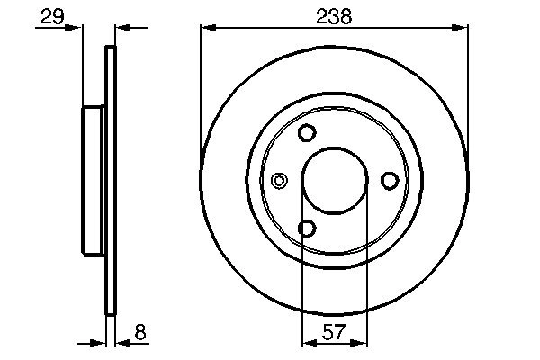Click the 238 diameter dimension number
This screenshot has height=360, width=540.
(x=335, y=15)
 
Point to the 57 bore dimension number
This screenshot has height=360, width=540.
(x=334, y=333)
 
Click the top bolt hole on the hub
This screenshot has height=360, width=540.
(x=307, y=133)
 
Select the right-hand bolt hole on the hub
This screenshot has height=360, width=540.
(x=390, y=181)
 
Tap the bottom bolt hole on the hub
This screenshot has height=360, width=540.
(x=307, y=229)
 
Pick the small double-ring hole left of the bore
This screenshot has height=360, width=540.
(x=280, y=181)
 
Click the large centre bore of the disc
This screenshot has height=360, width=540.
(x=334, y=181)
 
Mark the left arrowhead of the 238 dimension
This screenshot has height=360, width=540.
(x=207, y=29)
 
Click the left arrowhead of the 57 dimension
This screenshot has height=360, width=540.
(x=307, y=342)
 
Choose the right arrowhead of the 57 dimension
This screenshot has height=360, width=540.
(x=361, y=342)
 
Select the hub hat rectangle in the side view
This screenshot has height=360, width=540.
(x=94, y=181)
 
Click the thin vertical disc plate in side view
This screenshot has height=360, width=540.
(x=112, y=181)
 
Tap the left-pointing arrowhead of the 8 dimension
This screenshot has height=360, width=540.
(x=122, y=342)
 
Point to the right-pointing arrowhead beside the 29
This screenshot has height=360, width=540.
(x=76, y=29)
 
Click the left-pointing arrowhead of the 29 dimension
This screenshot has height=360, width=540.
(x=122, y=29)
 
